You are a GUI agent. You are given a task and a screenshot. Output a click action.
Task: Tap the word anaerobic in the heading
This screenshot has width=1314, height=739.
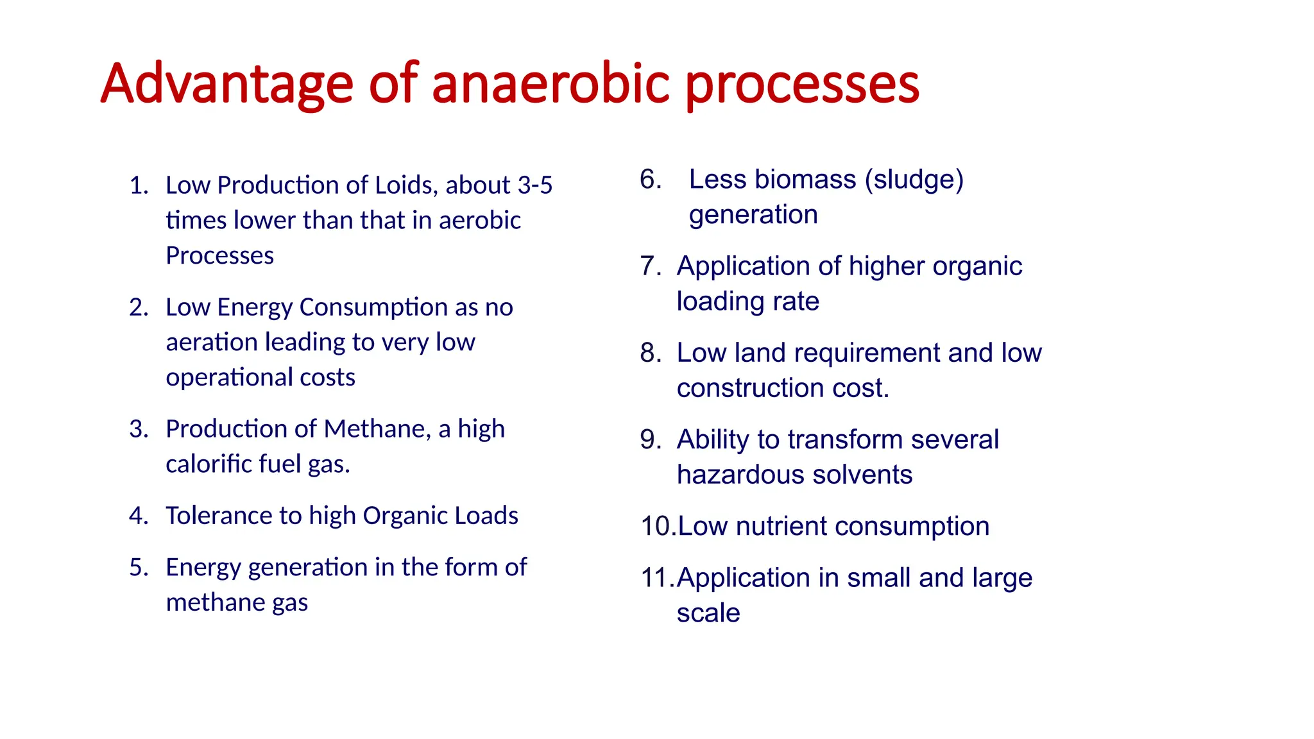(x=551, y=84)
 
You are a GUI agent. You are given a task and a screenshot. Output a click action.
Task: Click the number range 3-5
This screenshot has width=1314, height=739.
(x=534, y=185)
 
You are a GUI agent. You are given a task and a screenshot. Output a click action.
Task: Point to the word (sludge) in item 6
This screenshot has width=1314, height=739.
(x=914, y=180)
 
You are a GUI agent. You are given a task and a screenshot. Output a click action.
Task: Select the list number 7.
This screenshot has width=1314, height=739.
(x=649, y=266)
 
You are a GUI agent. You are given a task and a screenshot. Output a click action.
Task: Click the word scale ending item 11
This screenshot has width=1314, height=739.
(x=708, y=613)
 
